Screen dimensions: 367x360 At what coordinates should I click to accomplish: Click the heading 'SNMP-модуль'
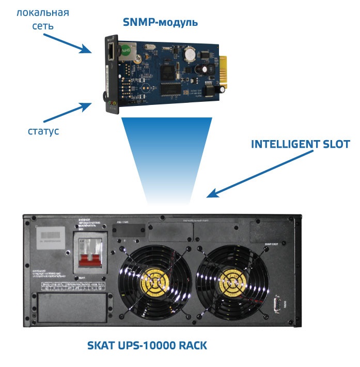[x=160, y=22]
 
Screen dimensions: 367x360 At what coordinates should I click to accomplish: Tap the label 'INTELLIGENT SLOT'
[x=300, y=144]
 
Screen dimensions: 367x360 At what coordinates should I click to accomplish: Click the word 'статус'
[x=43, y=131]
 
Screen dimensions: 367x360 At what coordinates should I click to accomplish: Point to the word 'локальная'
[x=43, y=12]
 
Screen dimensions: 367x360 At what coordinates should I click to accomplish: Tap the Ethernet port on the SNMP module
[x=113, y=51]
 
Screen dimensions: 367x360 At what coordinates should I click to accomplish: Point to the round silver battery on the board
[x=190, y=53]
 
